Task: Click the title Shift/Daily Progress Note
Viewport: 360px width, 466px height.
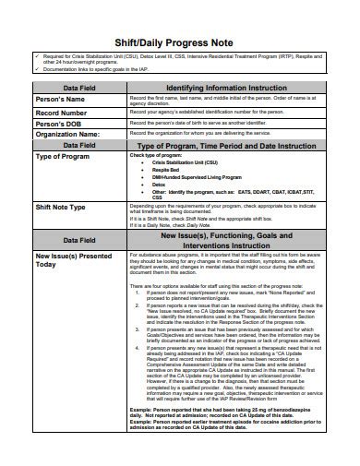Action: point(180,43)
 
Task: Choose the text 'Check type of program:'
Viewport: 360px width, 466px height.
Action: point(153,156)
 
